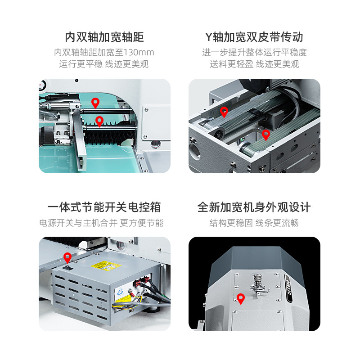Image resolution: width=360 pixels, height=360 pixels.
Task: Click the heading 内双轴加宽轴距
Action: pyautogui.click(x=104, y=37)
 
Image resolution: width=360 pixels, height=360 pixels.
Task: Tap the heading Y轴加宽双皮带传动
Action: pyautogui.click(x=254, y=37)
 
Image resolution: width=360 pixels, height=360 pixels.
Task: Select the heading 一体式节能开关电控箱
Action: pyautogui.click(x=104, y=207)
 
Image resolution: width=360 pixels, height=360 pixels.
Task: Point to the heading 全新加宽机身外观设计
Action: pyautogui.click(x=254, y=207)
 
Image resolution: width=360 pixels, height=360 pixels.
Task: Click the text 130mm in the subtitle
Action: pyautogui.click(x=139, y=52)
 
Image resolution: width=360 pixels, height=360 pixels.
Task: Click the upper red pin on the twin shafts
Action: pyautogui.click(x=95, y=103)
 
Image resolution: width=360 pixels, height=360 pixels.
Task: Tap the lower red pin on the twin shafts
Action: pyautogui.click(x=99, y=121)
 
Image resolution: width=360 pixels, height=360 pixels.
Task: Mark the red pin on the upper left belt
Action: pyautogui.click(x=224, y=112)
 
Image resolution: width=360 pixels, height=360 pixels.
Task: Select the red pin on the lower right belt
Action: pyautogui.click(x=266, y=135)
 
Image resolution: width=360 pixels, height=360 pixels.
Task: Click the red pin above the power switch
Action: pyautogui.click(x=67, y=258)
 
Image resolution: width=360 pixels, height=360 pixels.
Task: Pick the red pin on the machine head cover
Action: pyautogui.click(x=241, y=299)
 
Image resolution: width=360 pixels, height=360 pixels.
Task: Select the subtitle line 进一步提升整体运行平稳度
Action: pyautogui.click(x=254, y=52)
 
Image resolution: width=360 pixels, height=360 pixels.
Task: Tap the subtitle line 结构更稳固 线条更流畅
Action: pyautogui.click(x=254, y=223)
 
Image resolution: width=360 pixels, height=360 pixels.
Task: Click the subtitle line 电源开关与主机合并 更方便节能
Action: pyautogui.click(x=101, y=223)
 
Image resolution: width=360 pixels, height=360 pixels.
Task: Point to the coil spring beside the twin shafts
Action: pyautogui.click(x=47, y=114)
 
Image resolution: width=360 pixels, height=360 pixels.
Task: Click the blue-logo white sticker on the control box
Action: pyautogui.click(x=120, y=292)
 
